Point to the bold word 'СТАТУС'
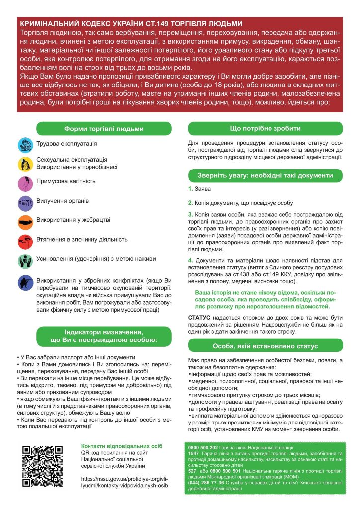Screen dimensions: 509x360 pos(200,317)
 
